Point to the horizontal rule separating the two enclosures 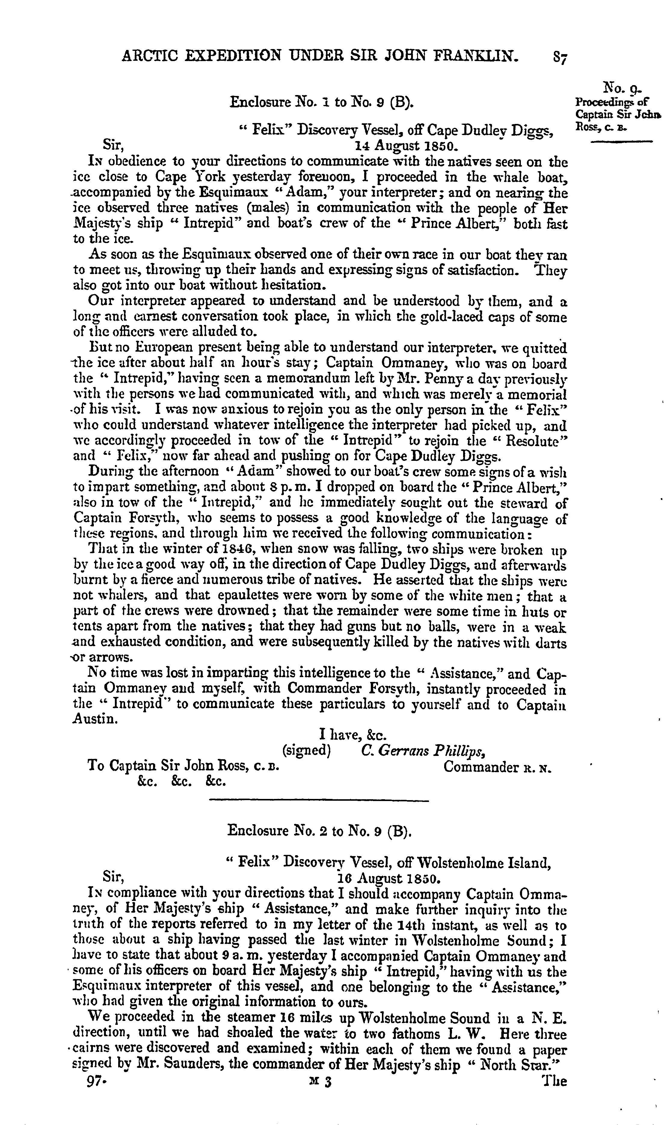319,800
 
